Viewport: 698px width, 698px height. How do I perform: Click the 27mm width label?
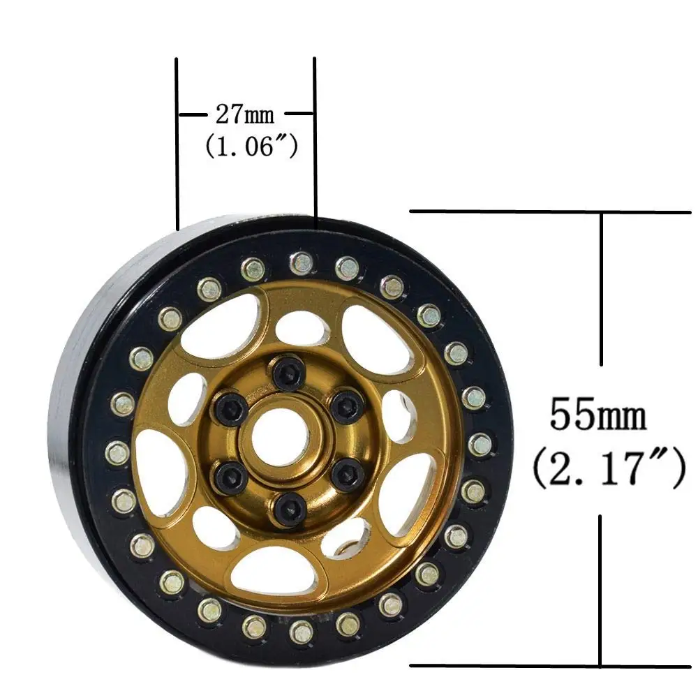pos(245,115)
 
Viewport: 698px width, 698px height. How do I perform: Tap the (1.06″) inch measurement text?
pos(251,146)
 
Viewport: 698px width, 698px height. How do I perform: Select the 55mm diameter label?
pos(598,415)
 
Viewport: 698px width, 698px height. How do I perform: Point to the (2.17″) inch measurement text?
pos(609,468)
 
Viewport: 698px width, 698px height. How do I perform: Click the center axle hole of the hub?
pos(281,435)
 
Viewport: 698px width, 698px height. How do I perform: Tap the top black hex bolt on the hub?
pos(290,371)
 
